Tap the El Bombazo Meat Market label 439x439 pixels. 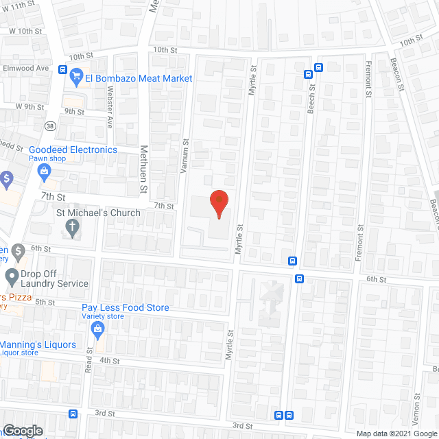coord(138,78)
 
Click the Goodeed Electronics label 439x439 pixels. coord(73,150)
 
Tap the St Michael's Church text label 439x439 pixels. coord(98,213)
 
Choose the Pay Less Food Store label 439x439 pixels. coord(125,307)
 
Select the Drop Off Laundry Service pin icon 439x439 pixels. coord(12,276)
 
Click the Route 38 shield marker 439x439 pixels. coord(50,126)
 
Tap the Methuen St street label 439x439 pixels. coord(144,169)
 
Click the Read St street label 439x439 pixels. coord(89,359)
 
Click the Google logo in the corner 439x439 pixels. coord(22,431)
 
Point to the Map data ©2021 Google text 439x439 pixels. coord(396,433)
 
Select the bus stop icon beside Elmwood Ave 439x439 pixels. coord(62,69)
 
